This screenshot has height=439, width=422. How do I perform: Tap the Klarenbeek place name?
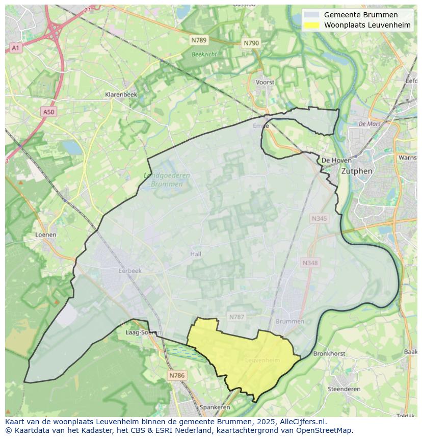121,94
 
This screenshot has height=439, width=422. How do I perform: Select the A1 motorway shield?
15,48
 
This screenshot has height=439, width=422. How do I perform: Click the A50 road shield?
48,112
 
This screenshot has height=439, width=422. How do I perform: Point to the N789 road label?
199,40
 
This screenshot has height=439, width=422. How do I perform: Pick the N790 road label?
251,43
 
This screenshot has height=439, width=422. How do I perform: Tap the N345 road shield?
320,218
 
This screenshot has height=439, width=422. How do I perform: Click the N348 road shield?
309,263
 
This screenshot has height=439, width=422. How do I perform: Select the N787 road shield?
236,317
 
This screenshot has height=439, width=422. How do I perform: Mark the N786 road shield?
177,375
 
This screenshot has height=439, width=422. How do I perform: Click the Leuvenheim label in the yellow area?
262,360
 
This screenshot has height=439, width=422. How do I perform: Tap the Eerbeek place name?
129,271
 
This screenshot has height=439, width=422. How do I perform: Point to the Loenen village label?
45,235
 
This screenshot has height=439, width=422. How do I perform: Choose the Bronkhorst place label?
329,353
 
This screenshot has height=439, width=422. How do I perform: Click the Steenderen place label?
344,389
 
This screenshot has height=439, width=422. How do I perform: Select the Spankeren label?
215,407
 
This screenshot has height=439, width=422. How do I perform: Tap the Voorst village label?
265,82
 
